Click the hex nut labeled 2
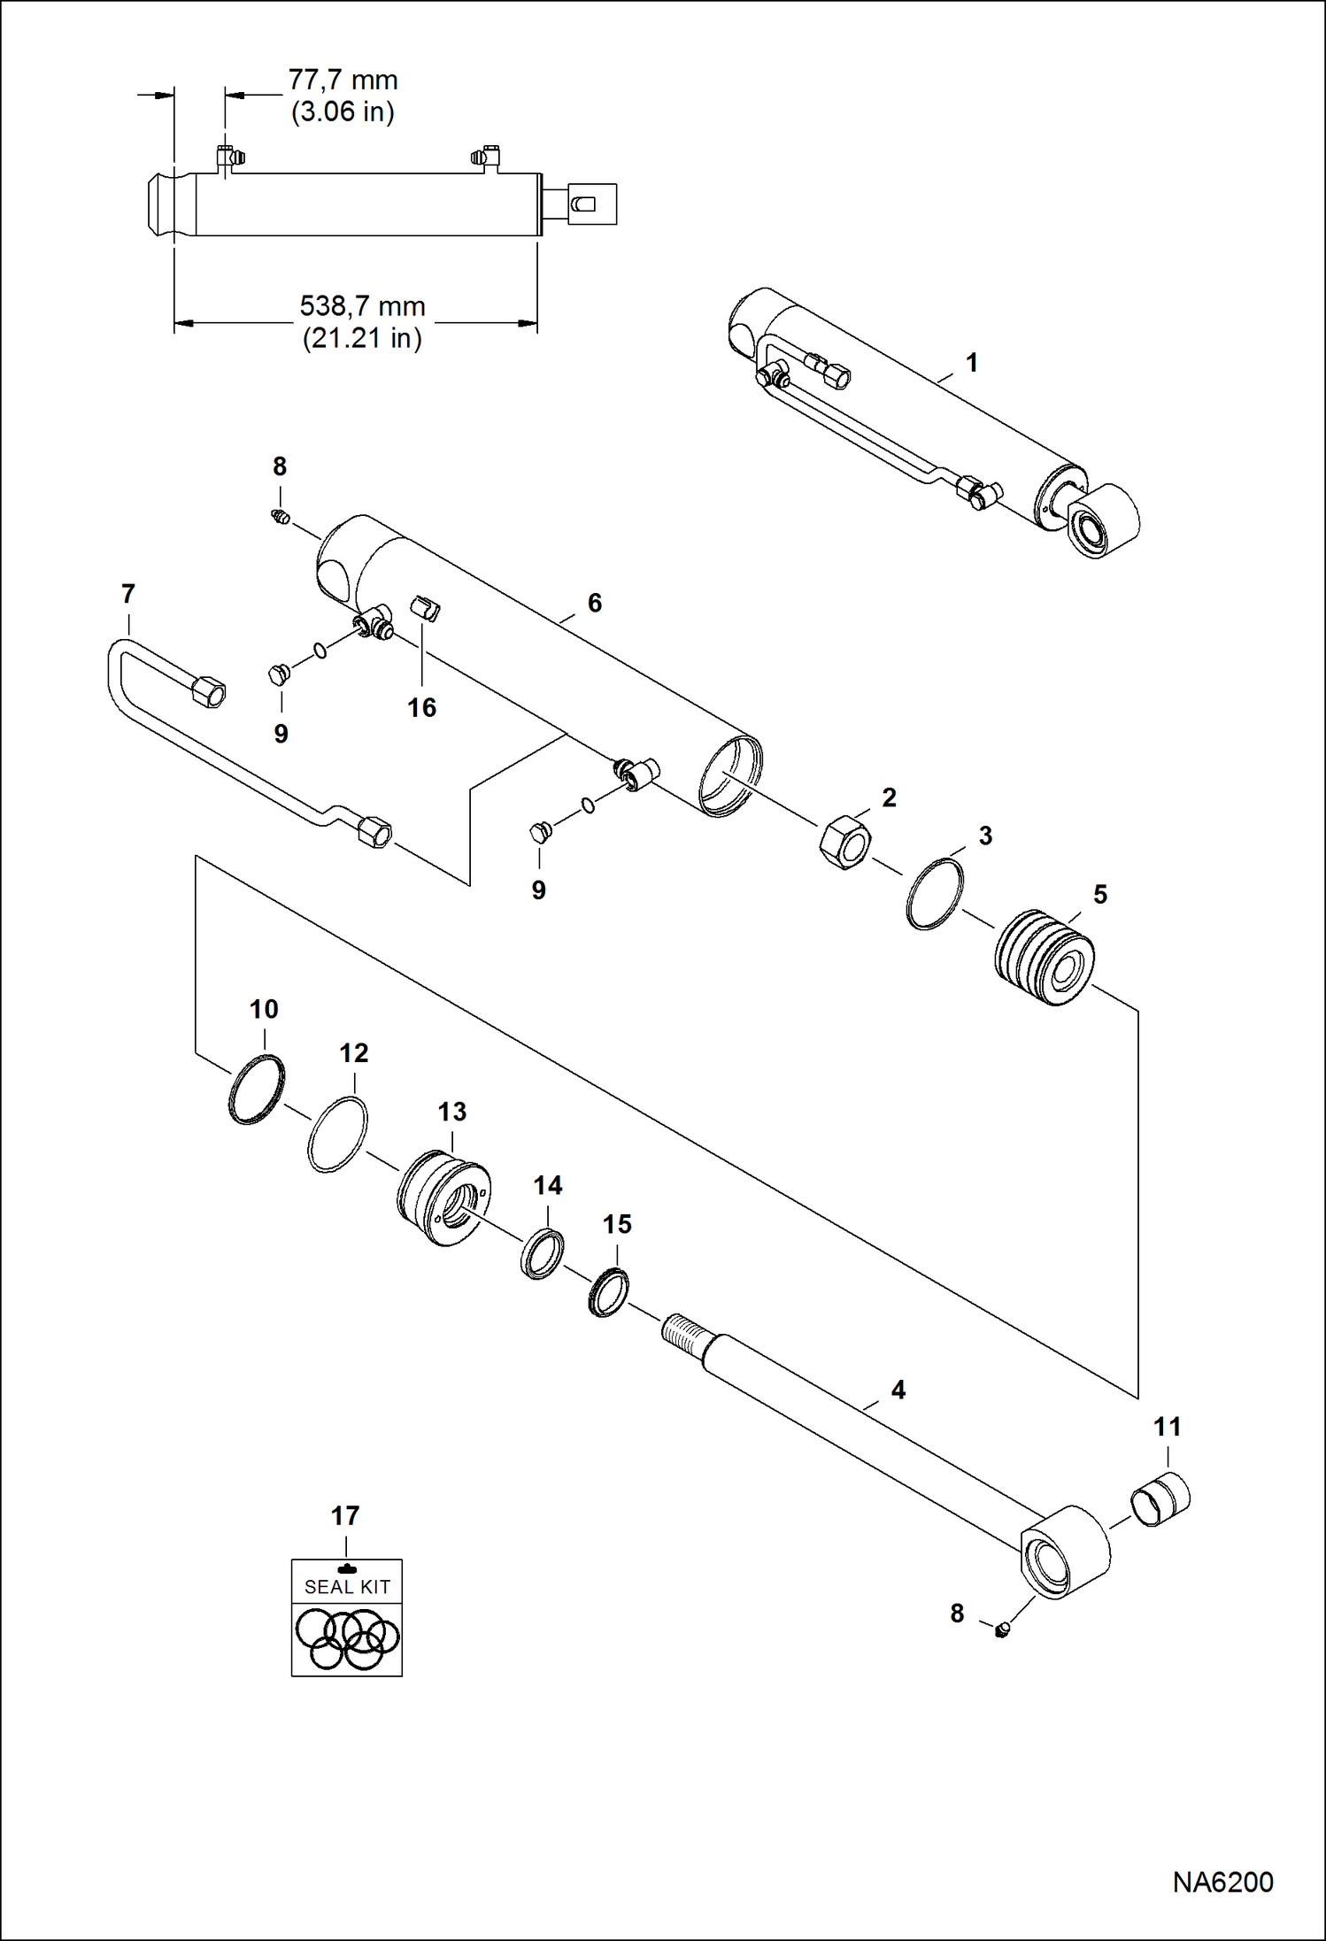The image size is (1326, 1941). (846, 842)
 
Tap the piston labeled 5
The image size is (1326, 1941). (1045, 957)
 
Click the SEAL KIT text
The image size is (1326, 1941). (347, 1587)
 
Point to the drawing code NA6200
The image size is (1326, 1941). (1222, 1881)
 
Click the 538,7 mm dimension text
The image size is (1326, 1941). (362, 306)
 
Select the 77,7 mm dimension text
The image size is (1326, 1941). (343, 81)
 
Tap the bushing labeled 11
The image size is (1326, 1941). (1160, 1498)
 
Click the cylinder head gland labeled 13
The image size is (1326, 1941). (443, 1198)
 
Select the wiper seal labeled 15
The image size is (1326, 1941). (609, 1292)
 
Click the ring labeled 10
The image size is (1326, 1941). (257, 1090)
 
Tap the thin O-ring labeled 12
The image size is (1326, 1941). (337, 1135)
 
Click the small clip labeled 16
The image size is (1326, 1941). (426, 610)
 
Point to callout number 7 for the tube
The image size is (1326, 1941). (128, 594)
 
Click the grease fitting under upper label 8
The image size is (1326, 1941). (281, 517)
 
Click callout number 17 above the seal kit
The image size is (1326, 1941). (345, 1516)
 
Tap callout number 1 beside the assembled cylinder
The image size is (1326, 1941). (972, 363)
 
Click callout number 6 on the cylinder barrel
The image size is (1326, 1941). (595, 603)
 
